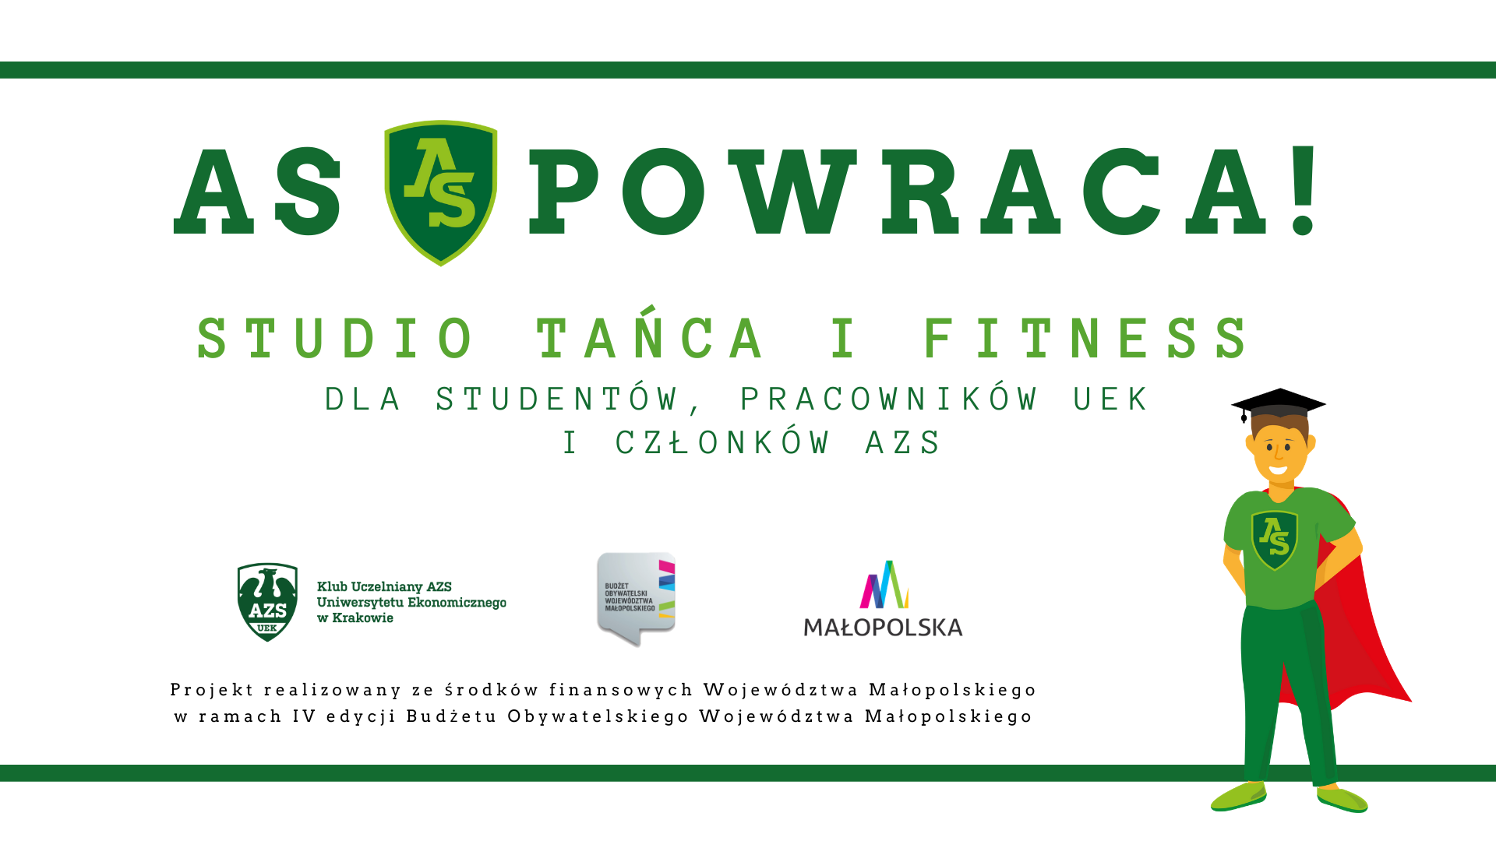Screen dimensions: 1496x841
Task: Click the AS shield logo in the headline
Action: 440,193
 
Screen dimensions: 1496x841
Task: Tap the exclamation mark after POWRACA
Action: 1303,190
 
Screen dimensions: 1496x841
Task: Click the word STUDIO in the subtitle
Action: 334,339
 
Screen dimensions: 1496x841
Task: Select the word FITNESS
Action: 1085,339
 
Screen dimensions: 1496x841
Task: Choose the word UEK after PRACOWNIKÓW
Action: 1110,399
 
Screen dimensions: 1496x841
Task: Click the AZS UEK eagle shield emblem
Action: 267,602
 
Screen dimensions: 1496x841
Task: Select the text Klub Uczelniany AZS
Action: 384,586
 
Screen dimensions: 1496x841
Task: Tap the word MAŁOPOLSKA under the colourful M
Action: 883,627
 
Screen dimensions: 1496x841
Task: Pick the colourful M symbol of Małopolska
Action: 884,584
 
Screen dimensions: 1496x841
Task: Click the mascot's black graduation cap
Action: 1279,403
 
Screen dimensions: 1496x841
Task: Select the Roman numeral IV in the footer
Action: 304,716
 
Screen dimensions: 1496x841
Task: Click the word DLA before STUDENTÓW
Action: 362,399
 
